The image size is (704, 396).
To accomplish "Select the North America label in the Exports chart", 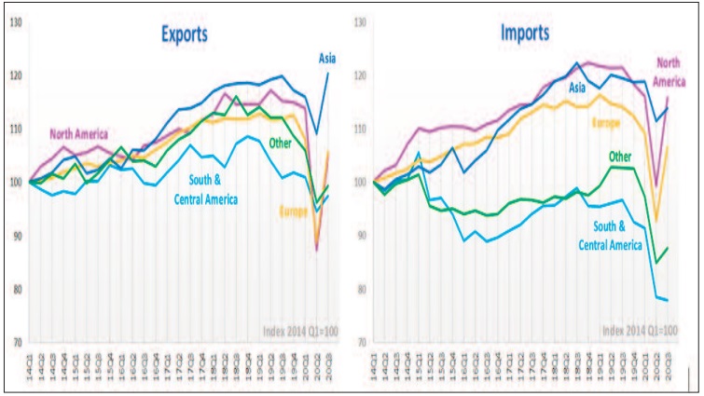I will coord(79,132).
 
